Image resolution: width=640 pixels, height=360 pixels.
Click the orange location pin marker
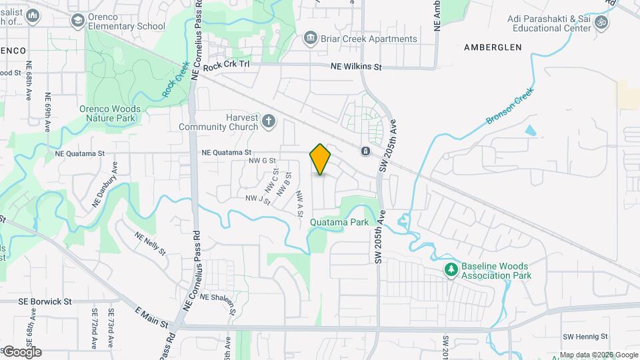[321, 159]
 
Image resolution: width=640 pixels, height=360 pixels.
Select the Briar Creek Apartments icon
[311, 39]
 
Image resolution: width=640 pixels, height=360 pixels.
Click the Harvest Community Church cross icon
[268, 121]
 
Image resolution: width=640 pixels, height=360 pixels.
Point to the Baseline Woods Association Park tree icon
[451, 270]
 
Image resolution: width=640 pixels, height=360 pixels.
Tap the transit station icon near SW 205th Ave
[365, 151]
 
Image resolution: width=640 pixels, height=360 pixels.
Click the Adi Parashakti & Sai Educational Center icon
[601, 23]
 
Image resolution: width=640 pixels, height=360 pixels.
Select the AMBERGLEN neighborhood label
[493, 47]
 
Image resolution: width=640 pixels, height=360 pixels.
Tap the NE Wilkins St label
[357, 67]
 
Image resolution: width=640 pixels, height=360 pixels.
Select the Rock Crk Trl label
[226, 66]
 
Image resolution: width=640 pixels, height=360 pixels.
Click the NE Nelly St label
[151, 243]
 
